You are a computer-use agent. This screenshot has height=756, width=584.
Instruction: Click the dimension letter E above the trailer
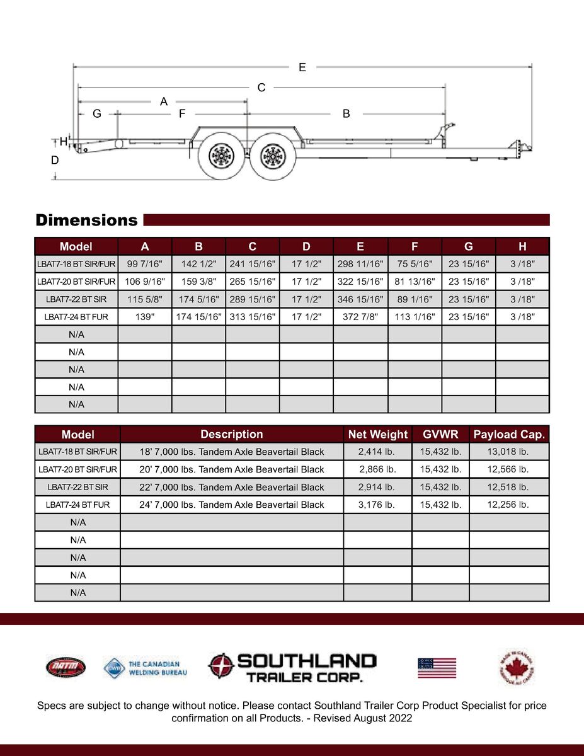(302, 67)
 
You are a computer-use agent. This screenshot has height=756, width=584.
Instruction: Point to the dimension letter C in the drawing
(261, 88)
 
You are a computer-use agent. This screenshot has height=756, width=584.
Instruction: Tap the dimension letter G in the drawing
(97, 114)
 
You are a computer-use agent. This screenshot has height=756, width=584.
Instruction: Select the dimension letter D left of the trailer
(55, 161)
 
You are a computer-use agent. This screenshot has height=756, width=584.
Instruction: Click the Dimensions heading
(86, 220)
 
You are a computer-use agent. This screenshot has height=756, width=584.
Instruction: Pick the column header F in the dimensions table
(415, 246)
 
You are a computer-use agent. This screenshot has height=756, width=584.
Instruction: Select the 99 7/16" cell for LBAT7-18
(145, 264)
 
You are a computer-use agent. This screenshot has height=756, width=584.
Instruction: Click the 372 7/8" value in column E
(360, 317)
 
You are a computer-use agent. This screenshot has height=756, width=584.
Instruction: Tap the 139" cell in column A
(145, 317)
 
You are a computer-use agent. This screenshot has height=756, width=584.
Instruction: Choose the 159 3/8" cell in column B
(199, 282)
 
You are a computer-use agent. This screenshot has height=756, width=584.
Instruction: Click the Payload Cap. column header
(509, 435)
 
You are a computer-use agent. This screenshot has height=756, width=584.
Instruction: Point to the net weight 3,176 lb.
(377, 505)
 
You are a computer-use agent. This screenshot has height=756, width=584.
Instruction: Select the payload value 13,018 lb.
(508, 452)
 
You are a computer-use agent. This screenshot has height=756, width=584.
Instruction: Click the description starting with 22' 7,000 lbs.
(231, 487)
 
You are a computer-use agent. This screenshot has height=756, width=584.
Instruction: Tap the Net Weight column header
(378, 435)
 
